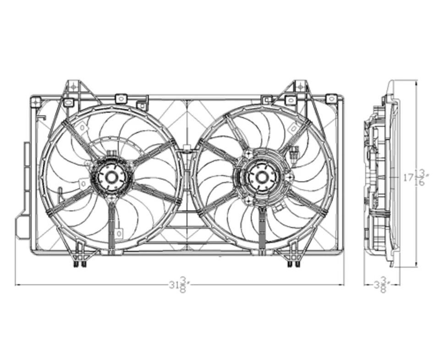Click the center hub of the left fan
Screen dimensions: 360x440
pos(111,177)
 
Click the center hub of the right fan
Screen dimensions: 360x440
pos(262,177)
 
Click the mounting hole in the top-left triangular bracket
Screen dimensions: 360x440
pos(72,86)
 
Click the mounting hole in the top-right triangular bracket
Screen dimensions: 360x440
pos(300,86)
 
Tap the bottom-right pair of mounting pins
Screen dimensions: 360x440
pos(293,264)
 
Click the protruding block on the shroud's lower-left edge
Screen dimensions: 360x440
pos(22,227)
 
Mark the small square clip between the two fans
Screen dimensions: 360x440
pos(186,148)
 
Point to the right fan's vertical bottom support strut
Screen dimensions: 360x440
pos(262,227)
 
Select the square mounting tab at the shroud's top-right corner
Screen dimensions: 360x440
pos(330,99)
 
